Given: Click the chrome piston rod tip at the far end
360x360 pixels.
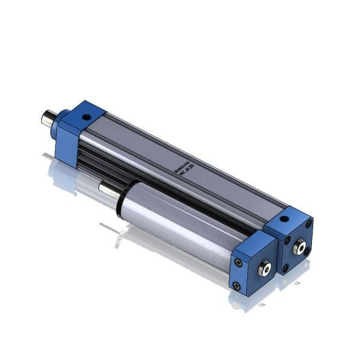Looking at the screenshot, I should pyautogui.click(x=46, y=117).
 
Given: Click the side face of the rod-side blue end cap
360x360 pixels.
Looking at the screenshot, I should pyautogui.click(x=68, y=144).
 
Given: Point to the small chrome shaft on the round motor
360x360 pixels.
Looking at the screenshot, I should pyautogui.click(x=108, y=190).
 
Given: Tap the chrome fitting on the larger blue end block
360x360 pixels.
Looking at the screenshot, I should pyautogui.click(x=298, y=244).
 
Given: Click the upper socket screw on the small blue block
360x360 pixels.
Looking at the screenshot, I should pyautogui.click(x=239, y=262).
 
